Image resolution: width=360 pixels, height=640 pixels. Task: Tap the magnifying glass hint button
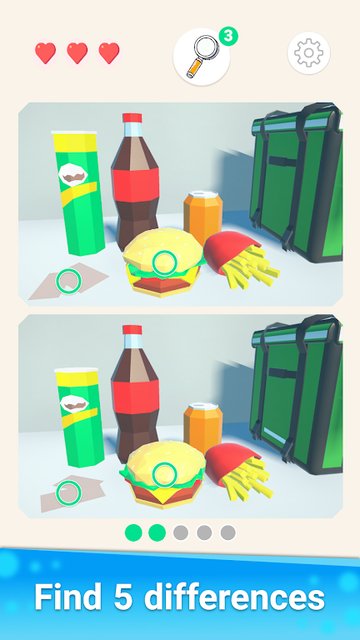[x=201, y=57]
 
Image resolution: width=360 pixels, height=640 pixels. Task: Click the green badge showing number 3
[x=229, y=36]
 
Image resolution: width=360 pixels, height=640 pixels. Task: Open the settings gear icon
[x=309, y=53]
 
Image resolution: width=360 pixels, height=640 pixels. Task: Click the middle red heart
[x=77, y=53]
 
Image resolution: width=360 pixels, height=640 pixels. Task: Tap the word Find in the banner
[x=68, y=598]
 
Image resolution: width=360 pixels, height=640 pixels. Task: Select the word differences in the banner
[x=234, y=598]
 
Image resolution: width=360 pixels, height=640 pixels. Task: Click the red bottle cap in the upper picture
[x=132, y=118]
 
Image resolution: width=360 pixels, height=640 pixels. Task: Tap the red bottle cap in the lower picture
[x=132, y=330]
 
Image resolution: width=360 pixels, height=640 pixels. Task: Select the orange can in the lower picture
[x=203, y=429]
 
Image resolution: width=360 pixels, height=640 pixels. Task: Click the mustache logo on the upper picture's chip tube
[x=73, y=175]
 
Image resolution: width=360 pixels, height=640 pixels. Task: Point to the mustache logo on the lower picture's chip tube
[x=74, y=404]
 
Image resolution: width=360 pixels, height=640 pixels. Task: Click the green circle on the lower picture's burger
[x=164, y=475]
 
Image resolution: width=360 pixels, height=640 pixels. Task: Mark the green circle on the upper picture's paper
[x=69, y=281]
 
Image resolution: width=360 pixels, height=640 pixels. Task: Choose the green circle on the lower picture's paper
[x=69, y=493]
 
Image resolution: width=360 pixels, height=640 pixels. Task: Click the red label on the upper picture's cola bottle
[x=136, y=184]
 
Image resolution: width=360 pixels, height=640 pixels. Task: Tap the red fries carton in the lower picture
[x=229, y=462]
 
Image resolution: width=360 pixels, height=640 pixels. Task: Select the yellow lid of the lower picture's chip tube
[x=77, y=378]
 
